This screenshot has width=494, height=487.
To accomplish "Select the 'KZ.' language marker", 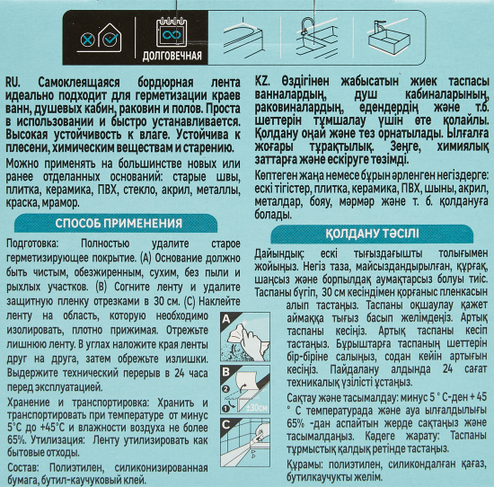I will [264, 80].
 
